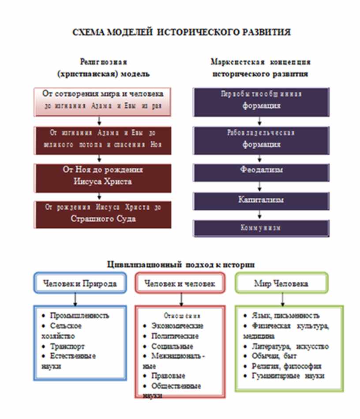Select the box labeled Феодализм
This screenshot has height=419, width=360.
click(x=261, y=170)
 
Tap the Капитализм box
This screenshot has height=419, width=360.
click(x=261, y=200)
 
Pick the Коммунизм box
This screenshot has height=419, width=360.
click(x=261, y=228)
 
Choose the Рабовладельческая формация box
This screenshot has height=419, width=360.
click(x=261, y=139)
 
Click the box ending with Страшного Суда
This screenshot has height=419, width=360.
click(x=103, y=214)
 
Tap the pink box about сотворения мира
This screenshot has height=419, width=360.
click(x=103, y=100)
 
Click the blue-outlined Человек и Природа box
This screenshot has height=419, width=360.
click(x=80, y=283)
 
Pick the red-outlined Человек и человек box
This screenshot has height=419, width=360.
click(x=180, y=283)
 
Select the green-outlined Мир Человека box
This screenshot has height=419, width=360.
click(x=281, y=283)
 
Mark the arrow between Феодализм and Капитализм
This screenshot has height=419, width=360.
click(x=261, y=186)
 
